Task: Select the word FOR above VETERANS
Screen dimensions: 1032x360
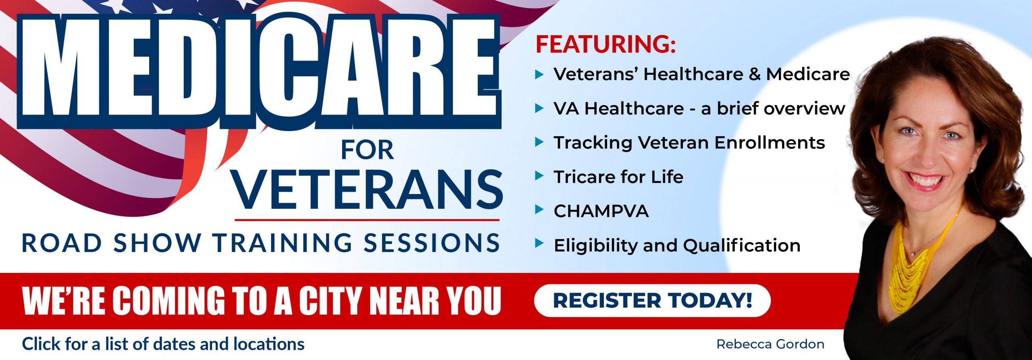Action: (367, 150)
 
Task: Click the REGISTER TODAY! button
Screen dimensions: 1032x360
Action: (652, 300)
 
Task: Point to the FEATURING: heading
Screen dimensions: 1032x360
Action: (605, 44)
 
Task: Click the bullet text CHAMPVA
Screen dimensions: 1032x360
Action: (601, 211)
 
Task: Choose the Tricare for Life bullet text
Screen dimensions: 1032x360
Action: (618, 177)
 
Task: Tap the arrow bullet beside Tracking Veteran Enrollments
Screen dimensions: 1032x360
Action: (539, 142)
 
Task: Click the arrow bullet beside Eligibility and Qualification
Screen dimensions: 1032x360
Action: (539, 244)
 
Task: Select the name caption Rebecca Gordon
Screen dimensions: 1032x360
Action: (770, 344)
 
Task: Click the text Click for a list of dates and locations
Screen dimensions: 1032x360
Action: (163, 344)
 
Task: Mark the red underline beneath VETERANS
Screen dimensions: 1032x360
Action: (367, 220)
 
